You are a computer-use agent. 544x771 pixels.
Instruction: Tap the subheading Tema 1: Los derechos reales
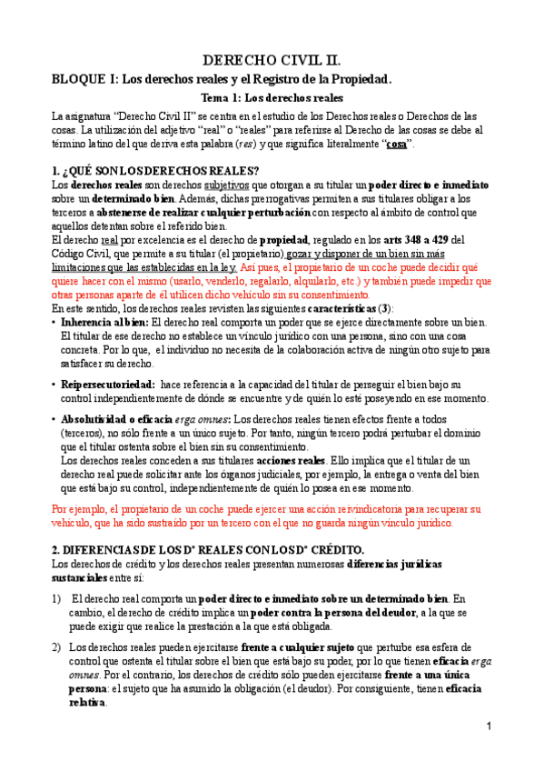click(272, 97)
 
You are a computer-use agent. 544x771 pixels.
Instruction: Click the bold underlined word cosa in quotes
click(396, 145)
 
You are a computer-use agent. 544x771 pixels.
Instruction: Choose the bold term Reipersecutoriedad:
click(107, 385)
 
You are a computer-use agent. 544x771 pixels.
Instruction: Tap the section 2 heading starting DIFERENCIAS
click(208, 551)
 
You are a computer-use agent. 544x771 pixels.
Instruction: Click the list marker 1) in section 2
click(56, 598)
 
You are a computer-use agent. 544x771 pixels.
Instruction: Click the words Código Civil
click(82, 253)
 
